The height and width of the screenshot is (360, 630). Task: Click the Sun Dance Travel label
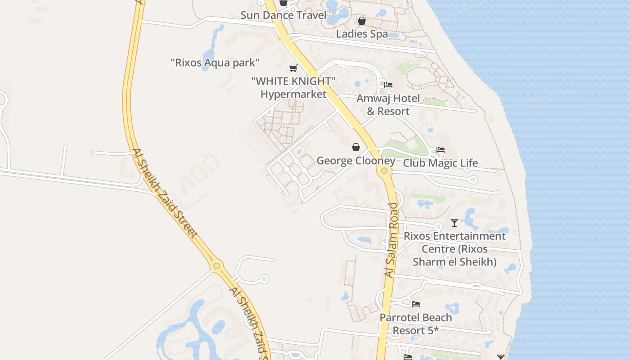coord(283,15)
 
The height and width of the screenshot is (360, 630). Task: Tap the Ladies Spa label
coord(362,34)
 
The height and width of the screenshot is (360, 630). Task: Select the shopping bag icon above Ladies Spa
coord(361,21)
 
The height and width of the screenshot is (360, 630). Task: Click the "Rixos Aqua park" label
coord(215,63)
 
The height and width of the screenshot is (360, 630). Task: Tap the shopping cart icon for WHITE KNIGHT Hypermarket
coord(293,68)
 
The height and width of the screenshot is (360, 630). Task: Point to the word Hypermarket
coord(293,94)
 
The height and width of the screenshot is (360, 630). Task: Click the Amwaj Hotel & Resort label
coord(388,104)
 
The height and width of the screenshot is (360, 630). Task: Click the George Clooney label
coord(356,161)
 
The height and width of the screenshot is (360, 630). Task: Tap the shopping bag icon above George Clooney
coord(356,147)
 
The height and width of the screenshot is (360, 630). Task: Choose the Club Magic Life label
coord(440,163)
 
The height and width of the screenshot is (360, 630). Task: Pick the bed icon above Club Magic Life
coord(441,150)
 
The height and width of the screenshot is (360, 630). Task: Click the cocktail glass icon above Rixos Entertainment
coord(454,223)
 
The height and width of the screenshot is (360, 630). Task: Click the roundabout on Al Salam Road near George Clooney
coord(384,171)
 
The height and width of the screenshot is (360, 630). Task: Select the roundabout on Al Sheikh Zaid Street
coord(217,265)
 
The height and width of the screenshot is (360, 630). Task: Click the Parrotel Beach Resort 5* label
coord(416,324)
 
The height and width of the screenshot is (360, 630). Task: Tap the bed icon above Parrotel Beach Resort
coord(416,305)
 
